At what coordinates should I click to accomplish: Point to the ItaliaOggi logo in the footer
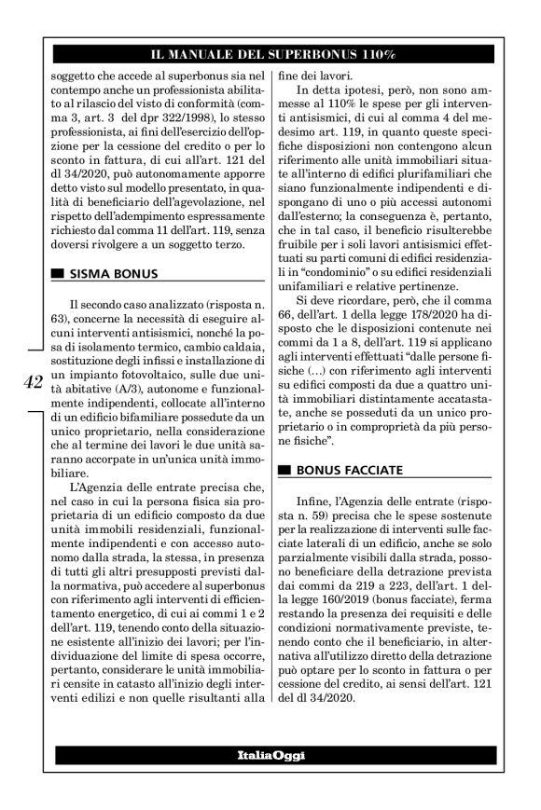click(270, 753)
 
